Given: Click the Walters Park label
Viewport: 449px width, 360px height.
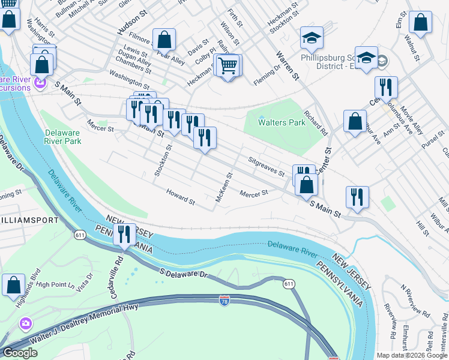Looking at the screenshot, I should (x=282, y=122).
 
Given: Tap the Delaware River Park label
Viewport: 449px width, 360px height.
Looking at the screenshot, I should (x=62, y=137).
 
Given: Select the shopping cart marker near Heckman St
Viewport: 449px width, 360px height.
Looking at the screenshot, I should (x=228, y=66).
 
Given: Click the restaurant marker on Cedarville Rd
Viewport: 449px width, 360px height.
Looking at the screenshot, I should (x=124, y=234).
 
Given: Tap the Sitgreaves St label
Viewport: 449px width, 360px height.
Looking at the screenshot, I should (x=267, y=166).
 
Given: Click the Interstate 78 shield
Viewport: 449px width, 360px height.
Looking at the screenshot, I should (x=224, y=299).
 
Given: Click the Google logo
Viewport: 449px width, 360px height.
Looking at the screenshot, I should (x=19, y=353).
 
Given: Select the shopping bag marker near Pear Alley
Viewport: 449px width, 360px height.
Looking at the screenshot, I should (x=164, y=40).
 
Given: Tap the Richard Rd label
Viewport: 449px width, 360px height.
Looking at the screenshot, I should (x=316, y=122).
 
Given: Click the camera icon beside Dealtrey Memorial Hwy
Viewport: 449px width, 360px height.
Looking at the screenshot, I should (x=25, y=324).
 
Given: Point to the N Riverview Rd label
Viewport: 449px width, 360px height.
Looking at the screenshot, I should (x=416, y=302).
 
